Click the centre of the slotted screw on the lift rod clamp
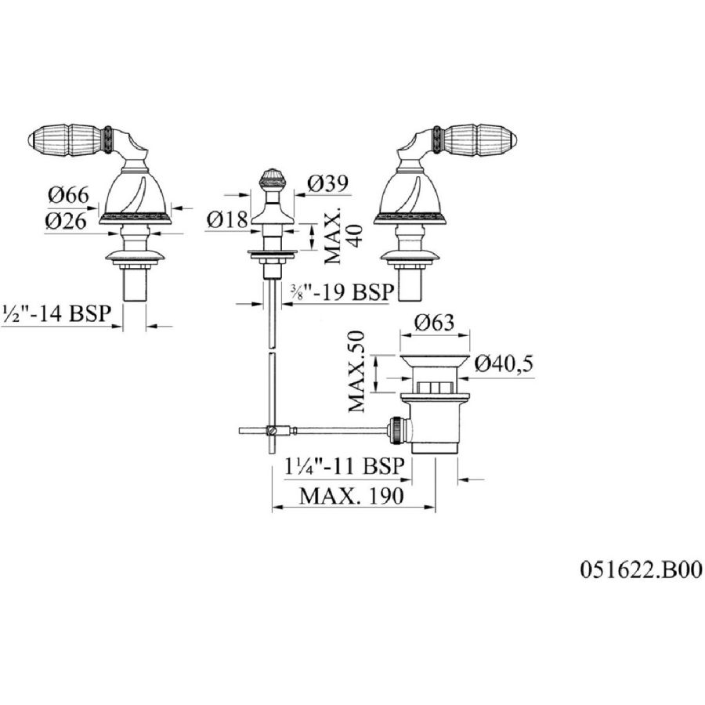(x=270, y=430)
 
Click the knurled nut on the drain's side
(x=396, y=430)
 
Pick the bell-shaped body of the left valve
(x=135, y=192)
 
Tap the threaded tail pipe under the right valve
(x=410, y=284)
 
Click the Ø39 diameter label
(x=328, y=183)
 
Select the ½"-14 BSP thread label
(x=56, y=313)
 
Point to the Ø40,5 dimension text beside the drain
(x=504, y=363)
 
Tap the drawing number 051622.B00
(x=641, y=569)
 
